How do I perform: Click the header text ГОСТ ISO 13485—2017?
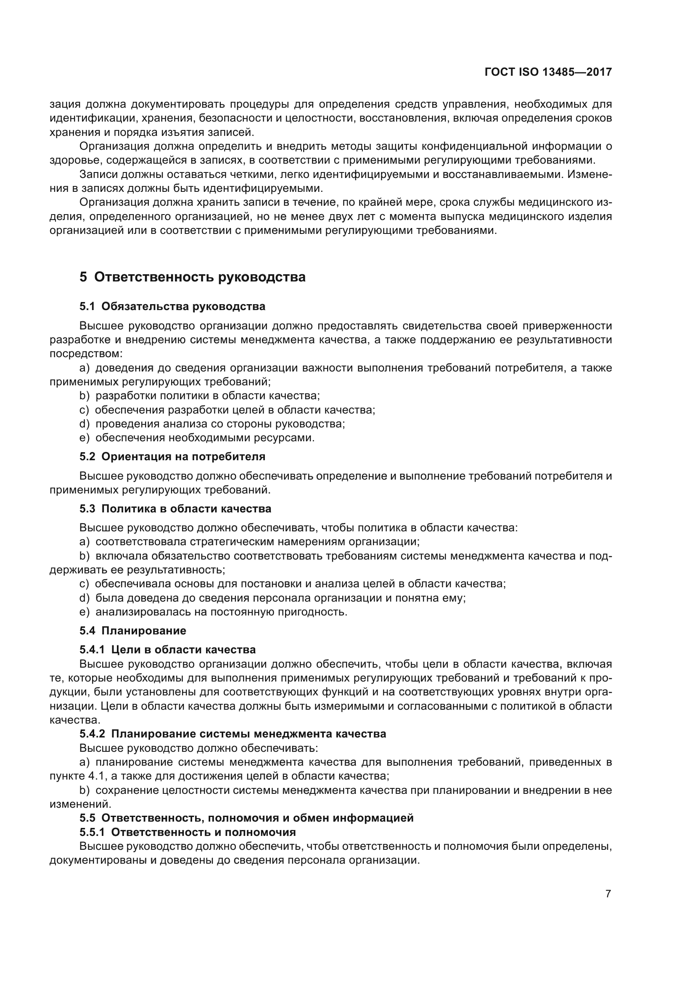click(548, 72)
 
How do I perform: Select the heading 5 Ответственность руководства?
click(192, 277)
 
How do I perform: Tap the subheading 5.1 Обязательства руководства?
click(172, 306)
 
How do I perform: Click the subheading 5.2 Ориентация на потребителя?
click(172, 456)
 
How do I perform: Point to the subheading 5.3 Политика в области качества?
click(175, 509)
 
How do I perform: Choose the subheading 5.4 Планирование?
click(133, 631)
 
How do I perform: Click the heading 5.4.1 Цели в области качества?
click(167, 650)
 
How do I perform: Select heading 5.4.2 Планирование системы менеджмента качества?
click(233, 734)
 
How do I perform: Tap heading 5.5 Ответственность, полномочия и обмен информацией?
click(246, 818)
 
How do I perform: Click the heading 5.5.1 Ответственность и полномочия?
click(188, 832)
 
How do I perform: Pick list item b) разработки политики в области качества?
click(200, 395)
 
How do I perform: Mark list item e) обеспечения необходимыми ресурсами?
click(197, 438)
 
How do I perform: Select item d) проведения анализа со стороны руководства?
click(212, 424)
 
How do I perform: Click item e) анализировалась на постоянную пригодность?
click(213, 612)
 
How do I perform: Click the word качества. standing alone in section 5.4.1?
click(74, 720)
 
